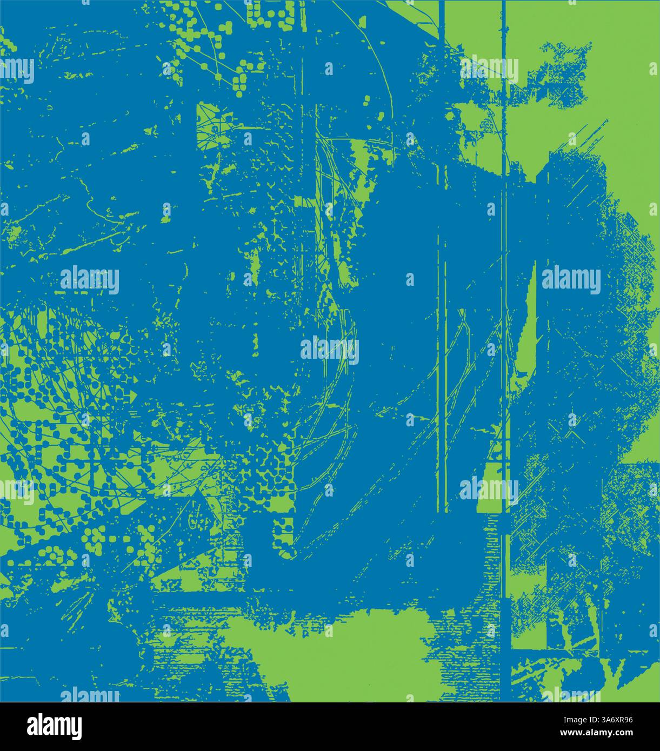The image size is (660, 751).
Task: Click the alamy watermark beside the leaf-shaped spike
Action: [571, 280]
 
